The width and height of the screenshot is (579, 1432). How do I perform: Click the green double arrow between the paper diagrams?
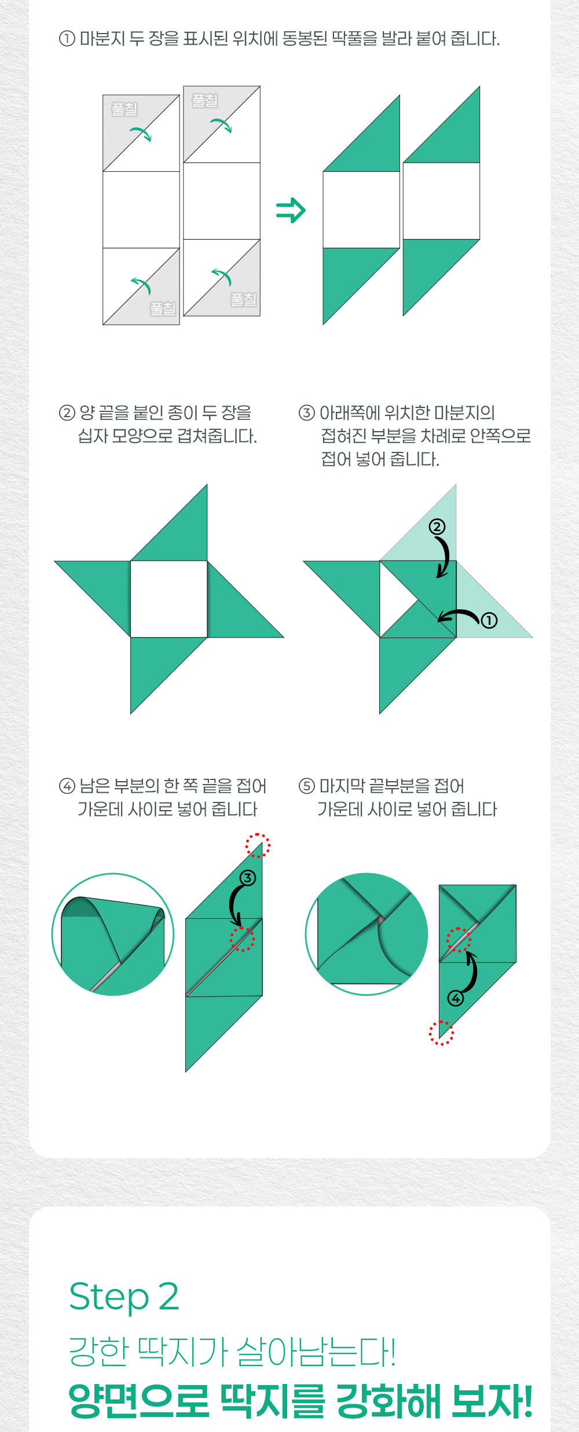tap(291, 210)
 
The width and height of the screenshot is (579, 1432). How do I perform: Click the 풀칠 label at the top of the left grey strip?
tap(124, 109)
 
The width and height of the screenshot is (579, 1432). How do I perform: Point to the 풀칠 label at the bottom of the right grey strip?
tap(243, 299)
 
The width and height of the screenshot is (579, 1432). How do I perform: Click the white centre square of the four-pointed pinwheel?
tap(168, 599)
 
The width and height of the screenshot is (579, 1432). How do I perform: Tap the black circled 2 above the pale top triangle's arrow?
tap(437, 527)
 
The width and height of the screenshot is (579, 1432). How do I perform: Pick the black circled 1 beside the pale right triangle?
tap(489, 620)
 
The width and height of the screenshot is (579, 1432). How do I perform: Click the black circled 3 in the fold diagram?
tap(247, 878)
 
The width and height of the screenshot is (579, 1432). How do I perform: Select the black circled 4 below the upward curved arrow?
tap(456, 998)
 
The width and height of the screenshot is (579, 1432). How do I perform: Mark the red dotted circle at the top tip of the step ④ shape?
tap(258, 846)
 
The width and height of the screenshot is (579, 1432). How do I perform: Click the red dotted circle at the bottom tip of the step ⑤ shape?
tap(441, 1033)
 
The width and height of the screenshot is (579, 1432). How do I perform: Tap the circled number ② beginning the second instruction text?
tap(67, 413)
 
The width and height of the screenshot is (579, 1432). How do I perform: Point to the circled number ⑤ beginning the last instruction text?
tap(306, 786)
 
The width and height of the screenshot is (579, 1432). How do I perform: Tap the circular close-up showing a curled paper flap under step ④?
tap(113, 934)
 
